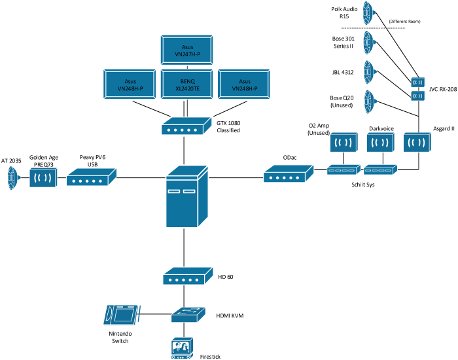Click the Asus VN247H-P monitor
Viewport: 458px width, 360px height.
(186, 50)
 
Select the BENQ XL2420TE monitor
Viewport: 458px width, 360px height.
(186, 84)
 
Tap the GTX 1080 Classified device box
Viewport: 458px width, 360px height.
(186, 126)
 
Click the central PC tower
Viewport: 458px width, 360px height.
(187, 196)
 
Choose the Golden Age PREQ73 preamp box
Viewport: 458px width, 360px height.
(43, 177)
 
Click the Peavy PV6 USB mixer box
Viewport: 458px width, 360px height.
(92, 177)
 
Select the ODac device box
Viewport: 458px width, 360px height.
(289, 173)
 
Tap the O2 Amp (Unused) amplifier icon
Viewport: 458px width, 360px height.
(343, 142)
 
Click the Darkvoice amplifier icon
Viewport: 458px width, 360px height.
(381, 142)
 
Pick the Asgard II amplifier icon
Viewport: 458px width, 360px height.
(417, 142)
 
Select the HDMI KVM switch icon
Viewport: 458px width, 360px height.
(188, 315)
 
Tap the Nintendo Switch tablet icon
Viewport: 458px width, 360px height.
(122, 315)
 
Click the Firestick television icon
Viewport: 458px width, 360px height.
(183, 348)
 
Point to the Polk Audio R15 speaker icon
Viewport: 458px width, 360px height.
(369, 13)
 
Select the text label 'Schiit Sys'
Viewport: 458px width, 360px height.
(362, 185)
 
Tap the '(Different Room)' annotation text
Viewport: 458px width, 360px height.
(404, 22)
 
